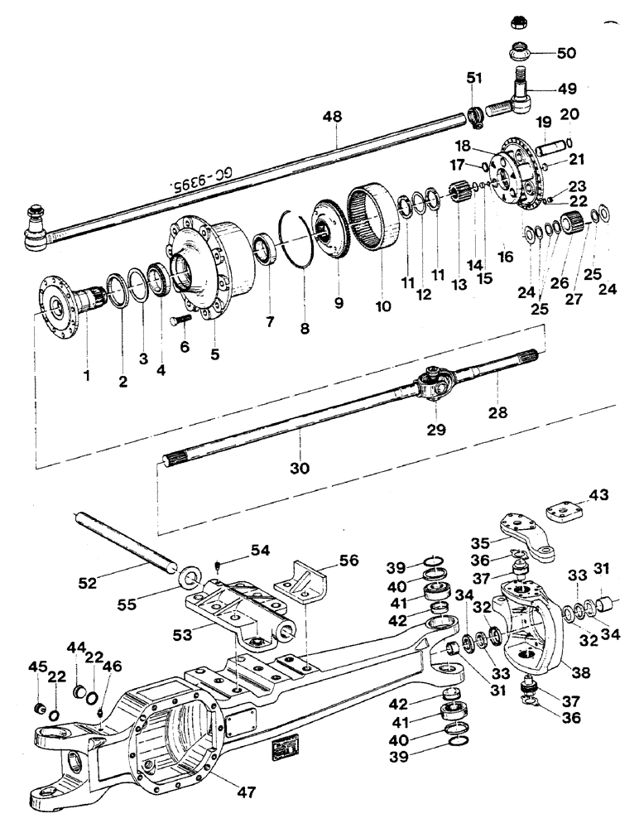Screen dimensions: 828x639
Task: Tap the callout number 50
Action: coord(566,54)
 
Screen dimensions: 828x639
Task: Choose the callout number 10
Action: coord(382,306)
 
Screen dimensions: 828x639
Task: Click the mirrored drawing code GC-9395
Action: coord(199,181)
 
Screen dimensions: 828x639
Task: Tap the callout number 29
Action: coord(436,429)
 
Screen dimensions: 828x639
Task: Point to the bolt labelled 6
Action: coord(181,317)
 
